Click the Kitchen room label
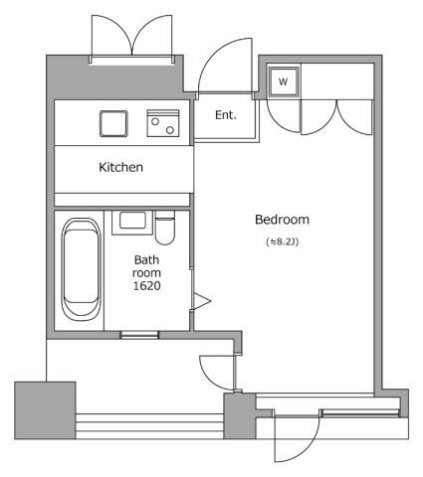tap(120, 167)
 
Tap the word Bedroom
tap(282, 220)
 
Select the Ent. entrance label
tap(226, 115)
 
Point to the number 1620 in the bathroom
tap(146, 285)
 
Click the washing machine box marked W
tap(284, 81)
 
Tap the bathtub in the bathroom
tap(81, 269)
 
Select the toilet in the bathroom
tap(164, 228)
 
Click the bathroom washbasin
tap(132, 222)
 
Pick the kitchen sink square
tap(113, 123)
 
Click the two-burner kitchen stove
tap(163, 123)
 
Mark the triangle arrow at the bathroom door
tap(202, 301)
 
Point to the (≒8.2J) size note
tap(282, 241)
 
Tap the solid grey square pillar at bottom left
tap(45, 410)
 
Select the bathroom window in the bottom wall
tap(139, 335)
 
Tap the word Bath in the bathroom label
tap(146, 259)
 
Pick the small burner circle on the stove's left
tap(155, 121)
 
